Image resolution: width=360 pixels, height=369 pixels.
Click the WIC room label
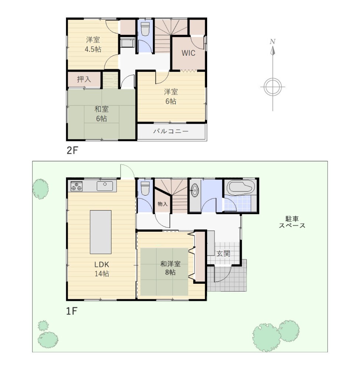coord(188,53)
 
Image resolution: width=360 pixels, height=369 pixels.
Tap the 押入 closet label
coord(84,79)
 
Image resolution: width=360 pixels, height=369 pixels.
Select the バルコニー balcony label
coord(171,131)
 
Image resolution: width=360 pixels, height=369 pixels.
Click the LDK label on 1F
coord(102,265)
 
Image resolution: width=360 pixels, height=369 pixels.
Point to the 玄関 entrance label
coord(223,254)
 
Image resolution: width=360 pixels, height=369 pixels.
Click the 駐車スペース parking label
coord(292,222)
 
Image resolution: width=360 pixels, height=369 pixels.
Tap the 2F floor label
coord(72,151)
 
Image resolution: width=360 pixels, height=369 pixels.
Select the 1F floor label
coord(72,311)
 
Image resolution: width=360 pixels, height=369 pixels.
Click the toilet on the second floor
coord(145,29)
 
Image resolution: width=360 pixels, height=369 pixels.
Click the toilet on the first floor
coord(145,188)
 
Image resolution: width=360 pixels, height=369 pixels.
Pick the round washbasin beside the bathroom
coord(195,190)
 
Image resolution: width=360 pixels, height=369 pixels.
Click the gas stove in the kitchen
coord(76,186)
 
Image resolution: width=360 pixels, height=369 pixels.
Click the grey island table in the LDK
coord(101,232)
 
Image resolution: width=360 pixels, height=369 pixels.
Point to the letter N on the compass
coord(272,42)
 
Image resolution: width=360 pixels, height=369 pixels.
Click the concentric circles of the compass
coord(272,87)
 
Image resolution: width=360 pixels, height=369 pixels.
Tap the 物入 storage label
coord(162,204)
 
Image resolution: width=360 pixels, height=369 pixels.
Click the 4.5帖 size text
coord(93,49)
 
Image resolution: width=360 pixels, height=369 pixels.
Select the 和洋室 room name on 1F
coord(171,264)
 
